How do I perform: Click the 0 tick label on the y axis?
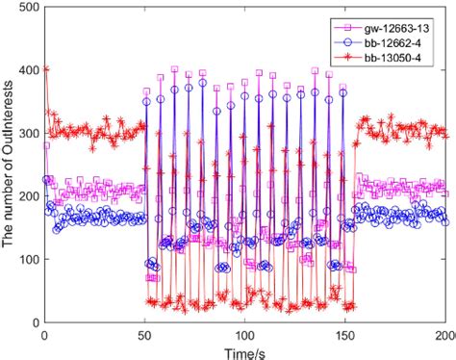click(x=32, y=322)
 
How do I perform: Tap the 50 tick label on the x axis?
click(x=145, y=334)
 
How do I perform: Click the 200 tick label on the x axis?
click(x=444, y=334)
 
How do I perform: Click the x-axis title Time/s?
click(x=245, y=350)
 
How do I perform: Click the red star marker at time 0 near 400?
click(x=45, y=69)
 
